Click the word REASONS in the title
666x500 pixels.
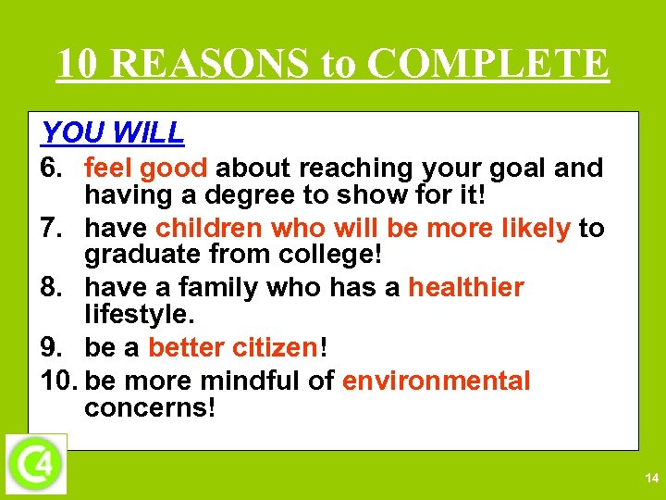coord(213,64)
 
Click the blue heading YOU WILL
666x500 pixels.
coord(113,133)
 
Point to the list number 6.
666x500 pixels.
coord(52,169)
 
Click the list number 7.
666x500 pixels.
coord(52,229)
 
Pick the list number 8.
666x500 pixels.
coord(52,288)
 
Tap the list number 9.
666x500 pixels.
coord(52,348)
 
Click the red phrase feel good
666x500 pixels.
coord(149,169)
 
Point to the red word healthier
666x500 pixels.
coord(466,288)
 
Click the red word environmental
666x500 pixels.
coord(437,381)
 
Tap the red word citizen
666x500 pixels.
coord(275,348)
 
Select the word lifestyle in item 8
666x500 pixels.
coord(138,315)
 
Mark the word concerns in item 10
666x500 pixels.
coord(149,407)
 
